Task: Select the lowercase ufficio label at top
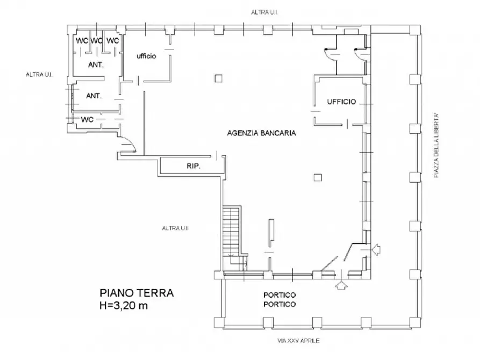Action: coord(146,56)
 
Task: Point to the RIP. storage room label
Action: coord(194,167)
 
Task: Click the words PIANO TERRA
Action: coord(137,294)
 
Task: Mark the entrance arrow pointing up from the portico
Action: coord(339,285)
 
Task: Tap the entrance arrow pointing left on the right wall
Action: coord(376,249)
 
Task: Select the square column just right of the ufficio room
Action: coord(217,78)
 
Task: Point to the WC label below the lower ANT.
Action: coord(88,119)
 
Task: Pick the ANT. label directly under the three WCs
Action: coord(96,65)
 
